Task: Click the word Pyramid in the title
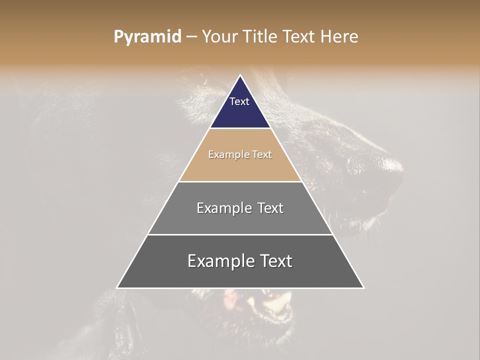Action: (x=147, y=37)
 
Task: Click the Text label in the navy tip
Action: (x=239, y=101)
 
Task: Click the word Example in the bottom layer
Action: (x=221, y=261)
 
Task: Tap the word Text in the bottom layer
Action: (x=275, y=261)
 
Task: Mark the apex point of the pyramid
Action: (x=240, y=75)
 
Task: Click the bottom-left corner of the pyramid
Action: (x=117, y=287)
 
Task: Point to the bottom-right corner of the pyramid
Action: (x=363, y=287)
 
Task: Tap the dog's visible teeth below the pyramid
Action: (x=272, y=302)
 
